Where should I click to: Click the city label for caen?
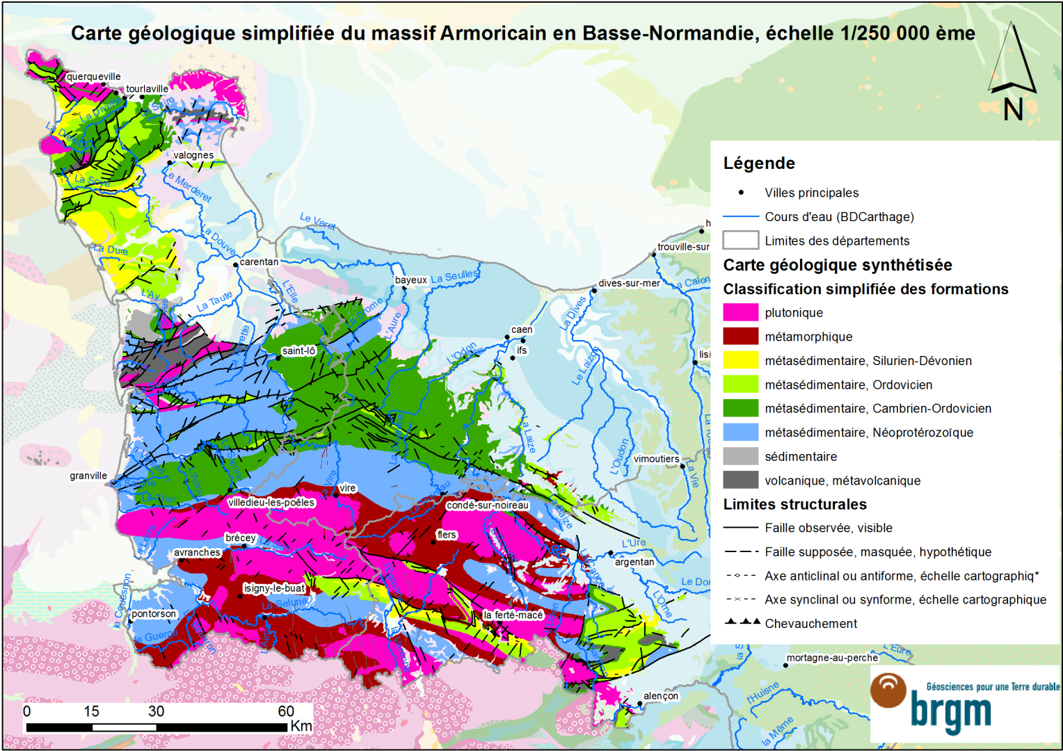522,330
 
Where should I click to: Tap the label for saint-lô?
298,350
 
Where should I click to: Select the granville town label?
88,476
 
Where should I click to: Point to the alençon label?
660,695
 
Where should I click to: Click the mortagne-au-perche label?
831,657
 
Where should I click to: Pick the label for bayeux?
411,280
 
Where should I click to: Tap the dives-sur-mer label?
629,283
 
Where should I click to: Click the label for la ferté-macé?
513,615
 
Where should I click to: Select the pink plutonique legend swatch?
740,312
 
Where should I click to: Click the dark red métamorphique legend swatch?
740,337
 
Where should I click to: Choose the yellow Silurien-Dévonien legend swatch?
740,360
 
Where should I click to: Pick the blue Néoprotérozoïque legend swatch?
740,432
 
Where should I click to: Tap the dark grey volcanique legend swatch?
740,480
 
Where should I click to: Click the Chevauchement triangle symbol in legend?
742,622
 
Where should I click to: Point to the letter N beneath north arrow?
1013,110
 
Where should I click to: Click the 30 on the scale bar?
156,711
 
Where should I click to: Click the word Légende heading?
758,163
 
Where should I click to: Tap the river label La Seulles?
454,277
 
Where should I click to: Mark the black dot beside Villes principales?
741,193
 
